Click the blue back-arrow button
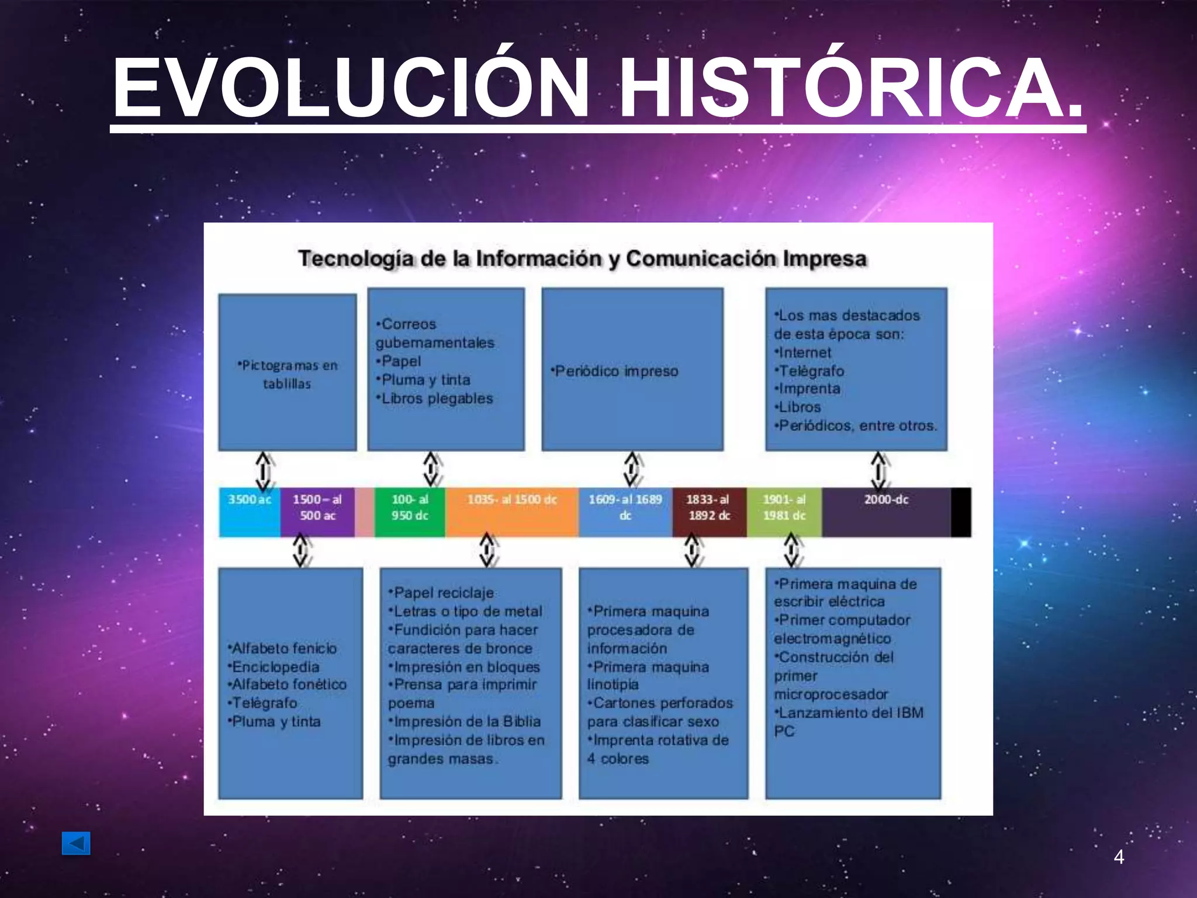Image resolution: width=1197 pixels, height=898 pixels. (76, 843)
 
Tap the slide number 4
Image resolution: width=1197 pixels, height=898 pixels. (1119, 857)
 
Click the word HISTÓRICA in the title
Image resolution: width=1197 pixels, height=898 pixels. (850, 89)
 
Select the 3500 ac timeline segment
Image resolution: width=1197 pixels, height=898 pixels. (250, 512)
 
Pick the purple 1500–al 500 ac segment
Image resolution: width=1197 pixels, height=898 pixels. (317, 512)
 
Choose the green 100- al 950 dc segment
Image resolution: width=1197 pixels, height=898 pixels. (410, 512)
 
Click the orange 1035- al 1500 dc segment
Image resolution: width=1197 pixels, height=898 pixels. (511, 512)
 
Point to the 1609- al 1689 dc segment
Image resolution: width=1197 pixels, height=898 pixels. (625, 512)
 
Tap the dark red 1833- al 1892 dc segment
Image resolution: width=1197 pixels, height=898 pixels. (708, 512)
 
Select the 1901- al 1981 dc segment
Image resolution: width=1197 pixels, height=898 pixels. (784, 512)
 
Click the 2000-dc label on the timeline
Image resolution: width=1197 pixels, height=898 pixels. (886, 500)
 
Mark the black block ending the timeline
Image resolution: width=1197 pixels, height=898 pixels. (961, 512)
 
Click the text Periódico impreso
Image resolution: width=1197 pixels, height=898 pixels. (615, 371)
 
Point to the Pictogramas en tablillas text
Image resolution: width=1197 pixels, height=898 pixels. (287, 374)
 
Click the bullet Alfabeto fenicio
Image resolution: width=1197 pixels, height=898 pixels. (283, 648)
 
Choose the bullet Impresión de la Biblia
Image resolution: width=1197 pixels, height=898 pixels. (465, 721)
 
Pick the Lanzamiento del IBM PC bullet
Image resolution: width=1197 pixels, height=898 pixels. (849, 721)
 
